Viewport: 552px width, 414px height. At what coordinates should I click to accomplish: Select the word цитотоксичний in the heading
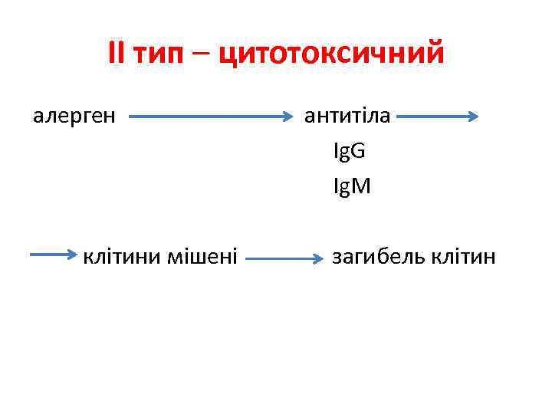coord(331,55)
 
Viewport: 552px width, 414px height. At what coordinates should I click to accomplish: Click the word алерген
coord(74,117)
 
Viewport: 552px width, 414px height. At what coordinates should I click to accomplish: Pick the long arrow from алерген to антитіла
coord(211,117)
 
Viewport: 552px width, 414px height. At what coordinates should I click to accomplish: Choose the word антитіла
coord(347,116)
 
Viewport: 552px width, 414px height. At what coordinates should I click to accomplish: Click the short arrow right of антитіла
coord(438,117)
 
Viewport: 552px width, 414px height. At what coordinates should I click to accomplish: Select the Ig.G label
coord(349,151)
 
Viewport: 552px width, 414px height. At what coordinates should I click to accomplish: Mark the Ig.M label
coord(352,186)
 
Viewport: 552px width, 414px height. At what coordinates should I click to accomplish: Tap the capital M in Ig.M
coord(361,186)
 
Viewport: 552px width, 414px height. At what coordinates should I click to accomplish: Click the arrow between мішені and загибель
coord(284,259)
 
